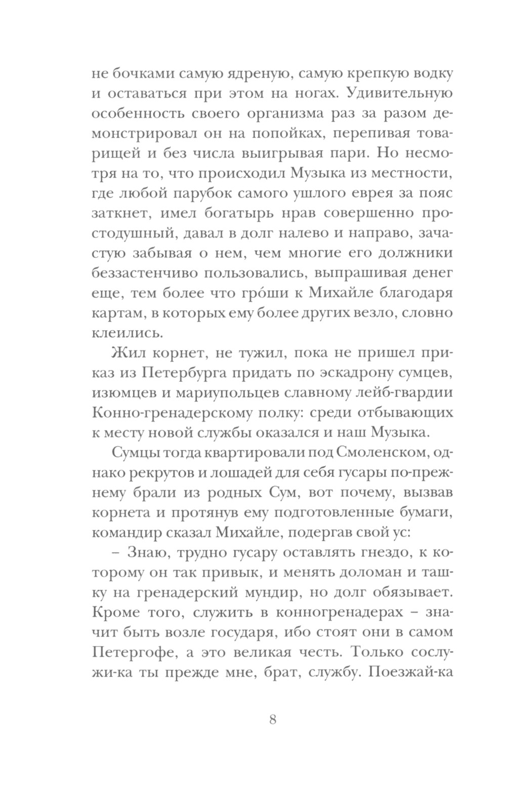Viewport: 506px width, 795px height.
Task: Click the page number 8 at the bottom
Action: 273,720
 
